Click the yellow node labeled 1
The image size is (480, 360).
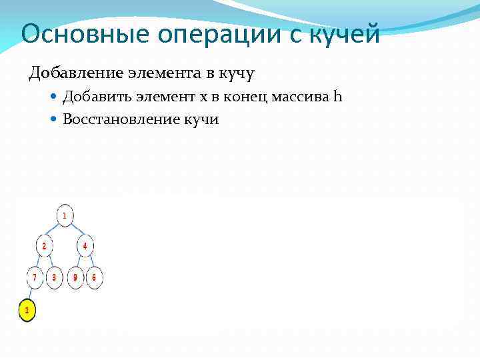click(27, 310)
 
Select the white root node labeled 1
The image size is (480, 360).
click(65, 215)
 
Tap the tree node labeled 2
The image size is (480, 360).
click(44, 246)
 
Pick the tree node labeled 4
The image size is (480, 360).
click(85, 246)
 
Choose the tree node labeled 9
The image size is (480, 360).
click(75, 277)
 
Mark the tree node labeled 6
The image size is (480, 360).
click(94, 277)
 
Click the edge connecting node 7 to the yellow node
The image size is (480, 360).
click(31, 293)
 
